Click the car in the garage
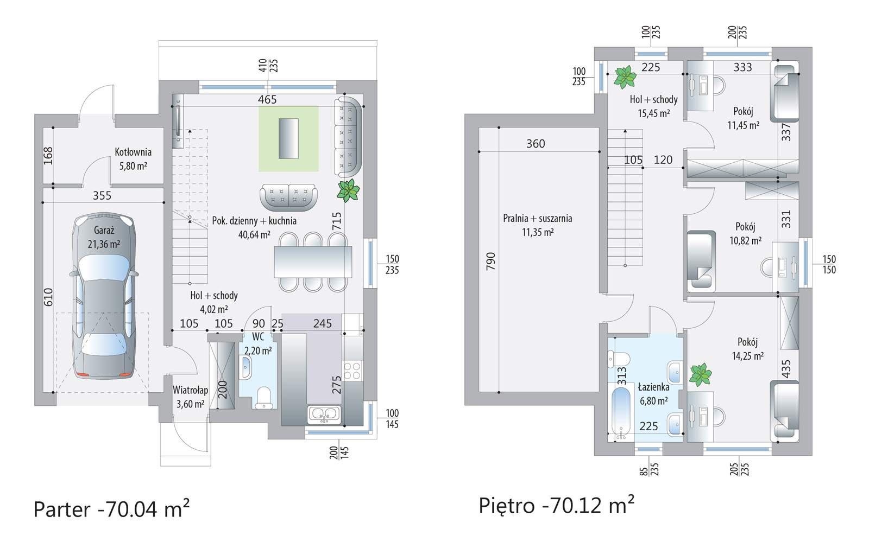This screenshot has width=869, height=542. (104, 295)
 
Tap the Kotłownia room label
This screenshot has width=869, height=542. (133, 152)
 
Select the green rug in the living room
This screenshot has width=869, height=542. (288, 139)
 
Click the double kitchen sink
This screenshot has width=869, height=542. (324, 415)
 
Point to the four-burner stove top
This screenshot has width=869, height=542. (352, 371)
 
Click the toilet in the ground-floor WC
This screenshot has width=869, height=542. (264, 398)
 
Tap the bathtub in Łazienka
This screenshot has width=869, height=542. (621, 413)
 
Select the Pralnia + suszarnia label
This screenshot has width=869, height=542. (537, 219)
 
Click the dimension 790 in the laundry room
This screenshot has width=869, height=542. (491, 261)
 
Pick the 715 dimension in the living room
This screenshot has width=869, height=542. (337, 221)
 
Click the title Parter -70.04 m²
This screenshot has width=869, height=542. (112, 509)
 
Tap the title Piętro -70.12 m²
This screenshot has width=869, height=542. (556, 505)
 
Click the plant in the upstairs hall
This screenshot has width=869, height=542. (625, 76)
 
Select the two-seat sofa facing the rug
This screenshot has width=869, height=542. (288, 197)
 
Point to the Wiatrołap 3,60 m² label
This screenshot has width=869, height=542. (191, 397)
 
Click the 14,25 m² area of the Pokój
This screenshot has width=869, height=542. (747, 356)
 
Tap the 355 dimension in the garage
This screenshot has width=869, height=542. (102, 196)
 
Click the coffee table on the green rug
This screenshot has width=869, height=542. (288, 139)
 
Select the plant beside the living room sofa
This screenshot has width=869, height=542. (348, 190)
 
